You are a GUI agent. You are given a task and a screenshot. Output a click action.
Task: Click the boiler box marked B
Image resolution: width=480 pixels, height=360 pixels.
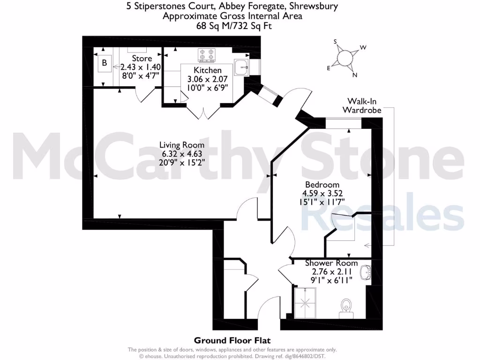tap(105, 63)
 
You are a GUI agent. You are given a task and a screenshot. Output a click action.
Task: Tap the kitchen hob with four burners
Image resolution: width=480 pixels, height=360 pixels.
tap(207, 55)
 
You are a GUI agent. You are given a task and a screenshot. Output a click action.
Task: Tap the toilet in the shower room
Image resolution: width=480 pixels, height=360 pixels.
tap(346, 306)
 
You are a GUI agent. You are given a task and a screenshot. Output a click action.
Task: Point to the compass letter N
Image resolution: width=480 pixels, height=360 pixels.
tap(355, 75)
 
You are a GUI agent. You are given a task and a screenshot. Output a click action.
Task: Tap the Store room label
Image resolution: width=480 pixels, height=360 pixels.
tap(142, 58)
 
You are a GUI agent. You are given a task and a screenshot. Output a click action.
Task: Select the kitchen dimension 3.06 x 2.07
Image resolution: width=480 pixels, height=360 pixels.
tap(204, 79)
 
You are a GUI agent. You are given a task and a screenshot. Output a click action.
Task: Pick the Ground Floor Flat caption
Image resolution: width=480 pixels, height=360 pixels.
tap(232, 340)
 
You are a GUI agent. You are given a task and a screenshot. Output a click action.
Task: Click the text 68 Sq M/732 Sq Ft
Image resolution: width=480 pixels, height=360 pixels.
tap(232, 26)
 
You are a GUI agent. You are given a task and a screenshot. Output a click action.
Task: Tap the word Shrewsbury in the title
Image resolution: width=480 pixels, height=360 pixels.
tap(311, 6)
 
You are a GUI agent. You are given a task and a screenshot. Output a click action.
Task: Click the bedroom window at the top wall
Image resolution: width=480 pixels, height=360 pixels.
tap(344, 123)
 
